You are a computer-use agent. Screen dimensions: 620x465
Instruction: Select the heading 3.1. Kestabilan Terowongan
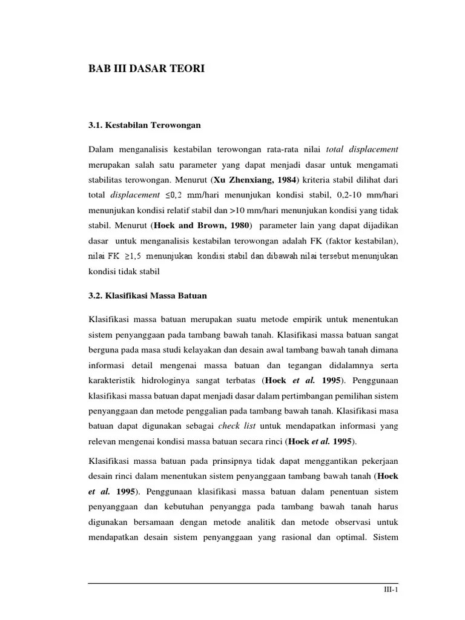click(x=144, y=125)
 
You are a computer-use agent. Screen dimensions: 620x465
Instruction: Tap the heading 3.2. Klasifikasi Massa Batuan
click(x=148, y=295)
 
